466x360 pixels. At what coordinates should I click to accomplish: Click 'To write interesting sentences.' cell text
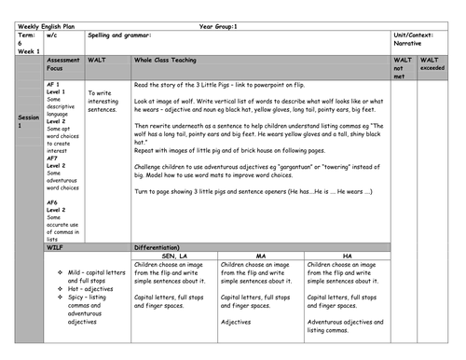(103, 102)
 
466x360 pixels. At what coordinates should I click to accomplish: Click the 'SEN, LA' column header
(175, 255)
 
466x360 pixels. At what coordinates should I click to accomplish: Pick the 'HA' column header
(348, 255)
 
